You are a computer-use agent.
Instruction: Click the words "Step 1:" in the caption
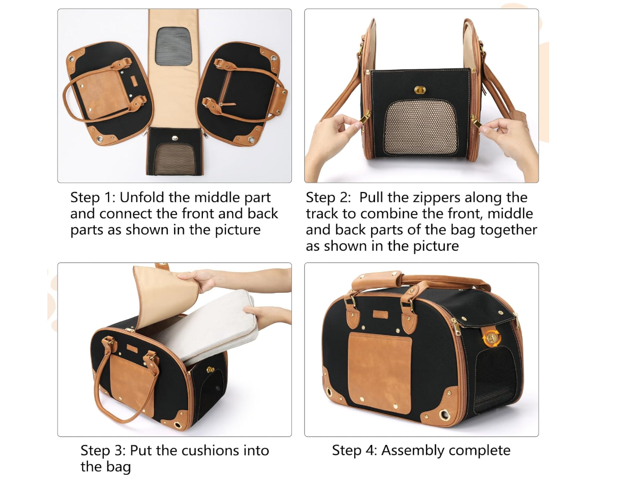(x=93, y=197)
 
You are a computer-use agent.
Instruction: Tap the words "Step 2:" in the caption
(x=328, y=197)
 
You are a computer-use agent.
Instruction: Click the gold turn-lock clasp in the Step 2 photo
(x=420, y=90)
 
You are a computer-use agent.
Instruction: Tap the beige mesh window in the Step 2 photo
(x=420, y=127)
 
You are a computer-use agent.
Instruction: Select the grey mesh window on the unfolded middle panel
(x=174, y=46)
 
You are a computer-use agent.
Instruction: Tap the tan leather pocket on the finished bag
(x=380, y=372)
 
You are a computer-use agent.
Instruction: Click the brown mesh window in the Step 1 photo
(x=174, y=158)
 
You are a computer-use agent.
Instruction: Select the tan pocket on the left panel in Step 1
(x=102, y=93)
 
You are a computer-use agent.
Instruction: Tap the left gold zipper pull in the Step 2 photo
(x=364, y=118)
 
